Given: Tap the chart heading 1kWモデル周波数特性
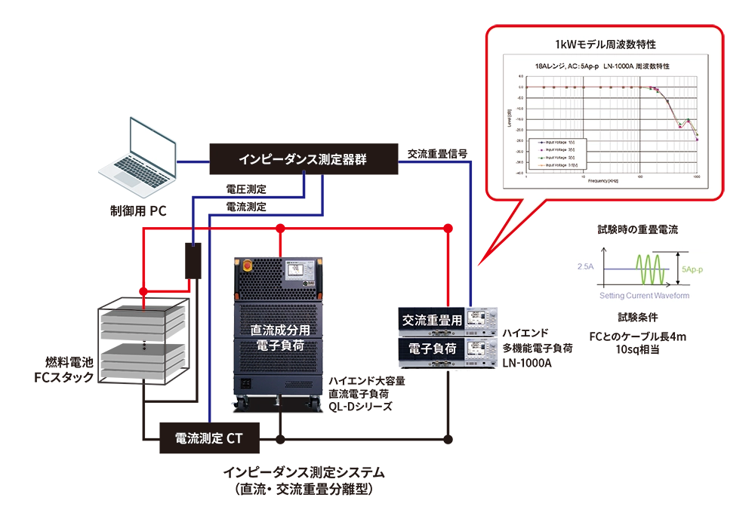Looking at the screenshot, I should pyautogui.click(x=605, y=45).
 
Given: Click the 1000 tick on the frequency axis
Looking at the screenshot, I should pyautogui.click(x=695, y=177).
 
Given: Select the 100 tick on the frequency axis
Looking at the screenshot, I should pyautogui.click(x=639, y=177).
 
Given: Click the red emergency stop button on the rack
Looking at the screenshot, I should pyautogui.click(x=248, y=266).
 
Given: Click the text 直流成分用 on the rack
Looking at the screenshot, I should pyautogui.click(x=281, y=330).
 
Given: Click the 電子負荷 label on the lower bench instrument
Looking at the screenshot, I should pyautogui.click(x=432, y=349).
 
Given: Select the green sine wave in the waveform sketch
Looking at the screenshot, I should pyautogui.click(x=654, y=268).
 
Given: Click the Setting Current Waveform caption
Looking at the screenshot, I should pyautogui.click(x=644, y=296).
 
